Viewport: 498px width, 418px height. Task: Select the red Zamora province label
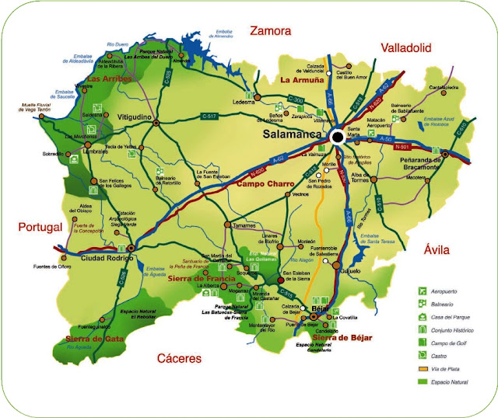pos(269,31)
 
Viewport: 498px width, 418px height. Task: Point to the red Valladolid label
pos(405,48)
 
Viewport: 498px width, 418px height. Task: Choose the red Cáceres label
pos(178,358)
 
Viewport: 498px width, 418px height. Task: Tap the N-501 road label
pos(402,146)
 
